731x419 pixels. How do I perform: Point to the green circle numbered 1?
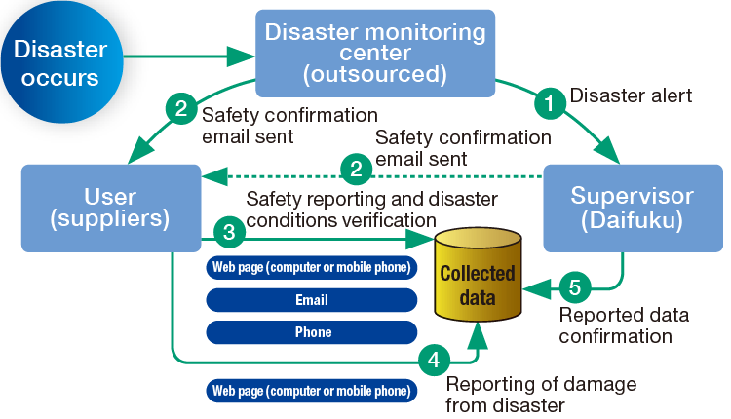(552, 99)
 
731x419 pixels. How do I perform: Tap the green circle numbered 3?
(229, 233)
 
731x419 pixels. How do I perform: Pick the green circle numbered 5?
(574, 288)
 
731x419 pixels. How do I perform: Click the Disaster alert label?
(631, 95)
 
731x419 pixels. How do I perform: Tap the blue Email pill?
(311, 300)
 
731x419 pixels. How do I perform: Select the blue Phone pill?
(312, 332)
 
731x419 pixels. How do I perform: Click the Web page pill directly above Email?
(311, 268)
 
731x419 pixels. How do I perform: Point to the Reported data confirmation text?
(624, 325)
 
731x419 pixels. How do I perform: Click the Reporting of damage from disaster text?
(540, 394)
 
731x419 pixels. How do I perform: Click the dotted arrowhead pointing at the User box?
(208, 175)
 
